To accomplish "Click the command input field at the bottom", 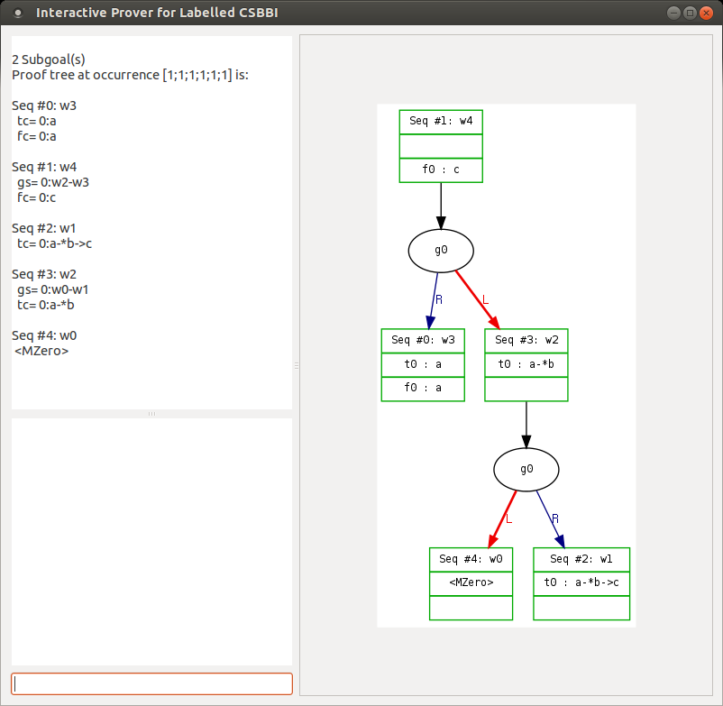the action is [151, 683].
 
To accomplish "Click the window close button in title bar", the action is [707, 13].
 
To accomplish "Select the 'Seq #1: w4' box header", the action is [441, 122].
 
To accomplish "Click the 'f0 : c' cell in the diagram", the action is [441, 170].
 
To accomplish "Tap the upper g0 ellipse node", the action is [441, 251].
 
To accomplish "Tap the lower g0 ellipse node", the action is [526, 469].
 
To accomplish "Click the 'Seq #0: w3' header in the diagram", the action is [423, 340].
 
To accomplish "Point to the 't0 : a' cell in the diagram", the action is [423, 364].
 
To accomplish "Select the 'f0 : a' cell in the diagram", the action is [423, 388].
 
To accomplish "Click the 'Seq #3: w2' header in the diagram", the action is [526, 340].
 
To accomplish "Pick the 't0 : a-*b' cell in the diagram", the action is [526, 364].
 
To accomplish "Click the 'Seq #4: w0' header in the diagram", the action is [471, 559].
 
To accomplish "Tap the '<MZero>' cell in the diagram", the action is [471, 582].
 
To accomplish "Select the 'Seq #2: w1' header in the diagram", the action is [581, 559].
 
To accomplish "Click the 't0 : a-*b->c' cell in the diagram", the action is [581, 582].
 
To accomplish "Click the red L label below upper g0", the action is [485, 299].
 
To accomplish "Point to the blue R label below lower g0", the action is [555, 518].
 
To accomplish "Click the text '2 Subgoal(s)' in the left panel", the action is [49, 60].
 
